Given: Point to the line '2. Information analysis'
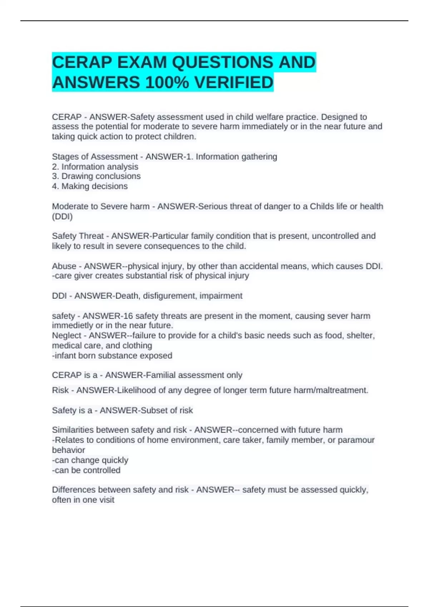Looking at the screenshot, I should (x=95, y=167).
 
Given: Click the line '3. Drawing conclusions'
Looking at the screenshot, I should (x=96, y=176).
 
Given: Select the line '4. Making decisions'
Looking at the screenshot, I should (x=90, y=186).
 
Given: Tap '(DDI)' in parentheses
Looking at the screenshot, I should (x=62, y=216).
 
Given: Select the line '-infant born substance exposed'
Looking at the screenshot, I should (x=112, y=356).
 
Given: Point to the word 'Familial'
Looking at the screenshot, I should (x=160, y=375).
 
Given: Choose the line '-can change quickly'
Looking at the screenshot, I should (x=90, y=460).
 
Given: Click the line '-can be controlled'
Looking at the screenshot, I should (x=86, y=470).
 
